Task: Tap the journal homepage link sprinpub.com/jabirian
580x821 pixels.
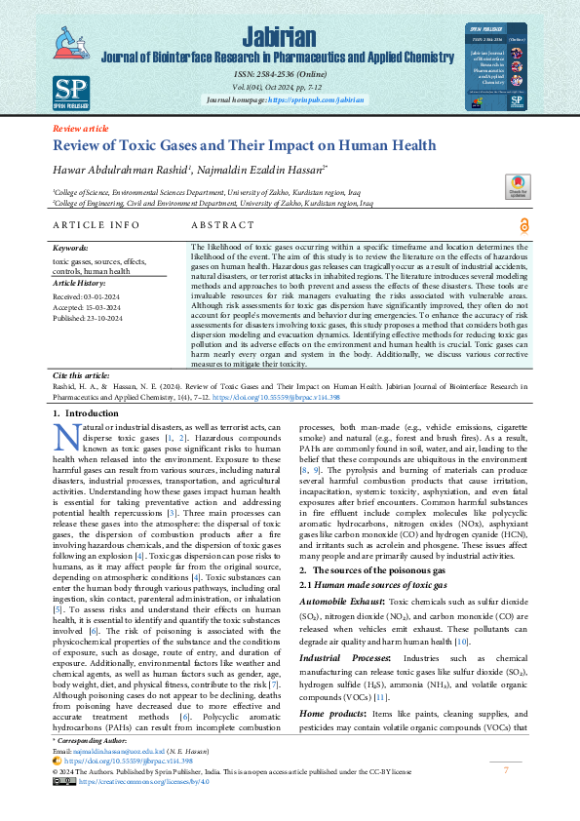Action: click(316, 100)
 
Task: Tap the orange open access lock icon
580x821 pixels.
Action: click(525, 225)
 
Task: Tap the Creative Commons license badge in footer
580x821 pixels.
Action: click(63, 808)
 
